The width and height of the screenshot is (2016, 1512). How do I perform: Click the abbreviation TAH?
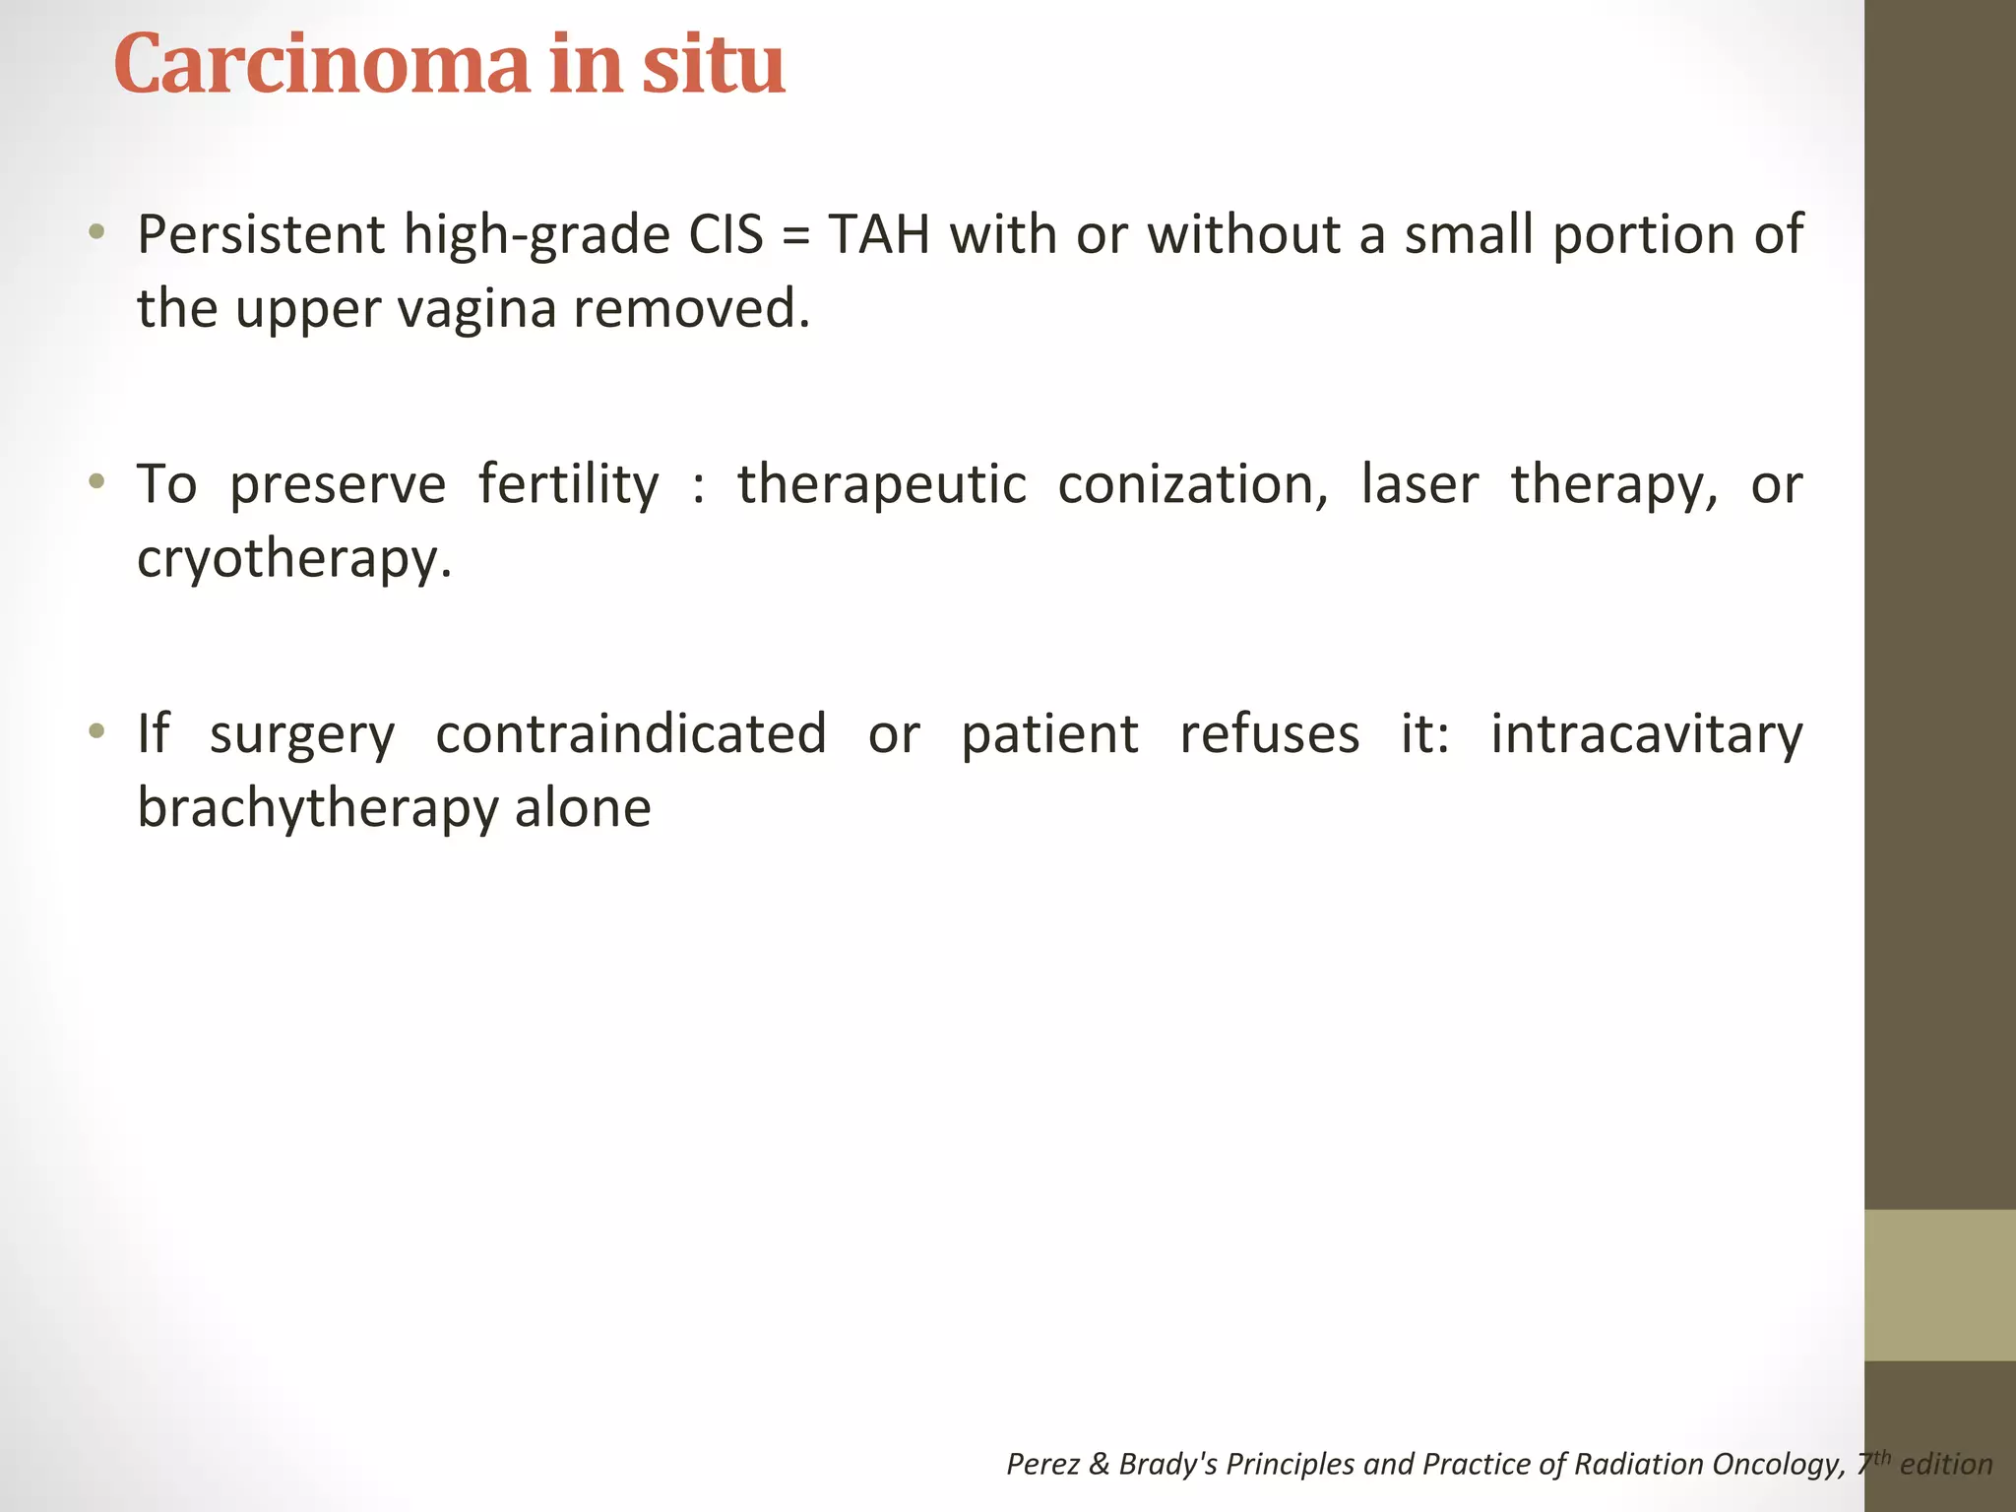(x=879, y=235)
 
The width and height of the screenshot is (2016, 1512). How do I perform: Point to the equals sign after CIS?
(x=795, y=237)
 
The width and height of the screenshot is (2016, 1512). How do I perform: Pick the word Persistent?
(x=261, y=235)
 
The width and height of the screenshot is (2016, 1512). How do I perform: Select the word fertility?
(x=568, y=485)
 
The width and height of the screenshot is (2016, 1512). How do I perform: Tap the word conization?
(x=1192, y=485)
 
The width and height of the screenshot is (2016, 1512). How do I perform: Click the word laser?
(x=1418, y=485)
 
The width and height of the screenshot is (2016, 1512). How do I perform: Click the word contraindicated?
(x=630, y=734)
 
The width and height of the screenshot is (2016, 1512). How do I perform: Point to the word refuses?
(x=1269, y=734)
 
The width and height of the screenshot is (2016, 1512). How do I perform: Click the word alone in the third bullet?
(x=583, y=808)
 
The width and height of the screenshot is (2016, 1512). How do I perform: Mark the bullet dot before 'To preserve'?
(x=95, y=482)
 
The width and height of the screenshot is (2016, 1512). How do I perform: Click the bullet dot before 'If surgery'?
(x=95, y=731)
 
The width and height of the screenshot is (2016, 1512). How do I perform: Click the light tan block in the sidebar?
(x=1939, y=1285)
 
